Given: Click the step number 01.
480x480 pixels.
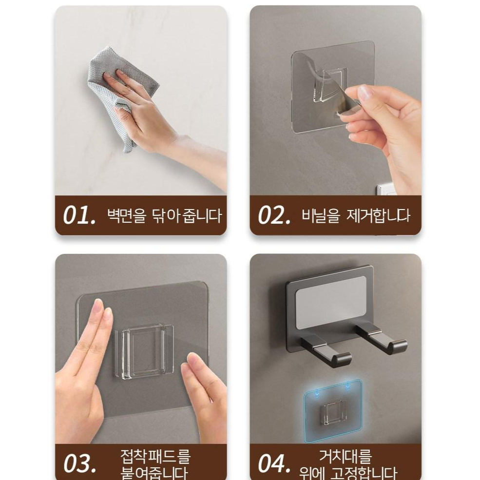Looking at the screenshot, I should (x=79, y=216).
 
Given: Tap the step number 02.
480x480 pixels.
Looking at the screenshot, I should (x=274, y=216).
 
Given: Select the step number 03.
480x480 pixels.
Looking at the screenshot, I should (x=79, y=463).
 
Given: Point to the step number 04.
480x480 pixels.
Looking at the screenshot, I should (x=274, y=463).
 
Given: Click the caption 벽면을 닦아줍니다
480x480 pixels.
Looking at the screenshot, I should (x=164, y=215).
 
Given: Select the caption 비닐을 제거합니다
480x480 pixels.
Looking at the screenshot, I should (x=356, y=215).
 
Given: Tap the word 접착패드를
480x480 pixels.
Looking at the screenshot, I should (x=155, y=457).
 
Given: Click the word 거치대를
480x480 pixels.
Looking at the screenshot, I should (x=345, y=457).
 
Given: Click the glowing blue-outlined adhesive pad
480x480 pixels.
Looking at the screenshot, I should (x=335, y=412).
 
